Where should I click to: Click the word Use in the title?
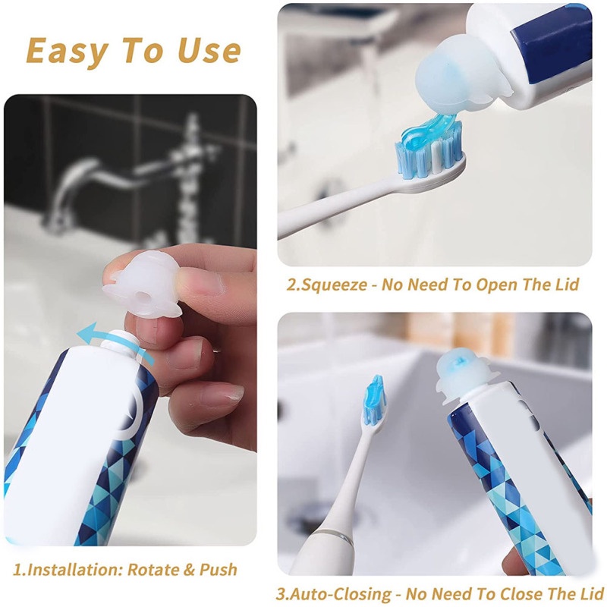pyautogui.click(x=209, y=51)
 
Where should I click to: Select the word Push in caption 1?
pyautogui.click(x=218, y=570)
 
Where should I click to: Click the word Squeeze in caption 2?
pyautogui.click(x=334, y=285)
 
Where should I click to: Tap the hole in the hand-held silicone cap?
pyautogui.click(x=142, y=298)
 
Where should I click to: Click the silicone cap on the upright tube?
pyautogui.click(x=464, y=373)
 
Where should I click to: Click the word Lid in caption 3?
pyautogui.click(x=591, y=594)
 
